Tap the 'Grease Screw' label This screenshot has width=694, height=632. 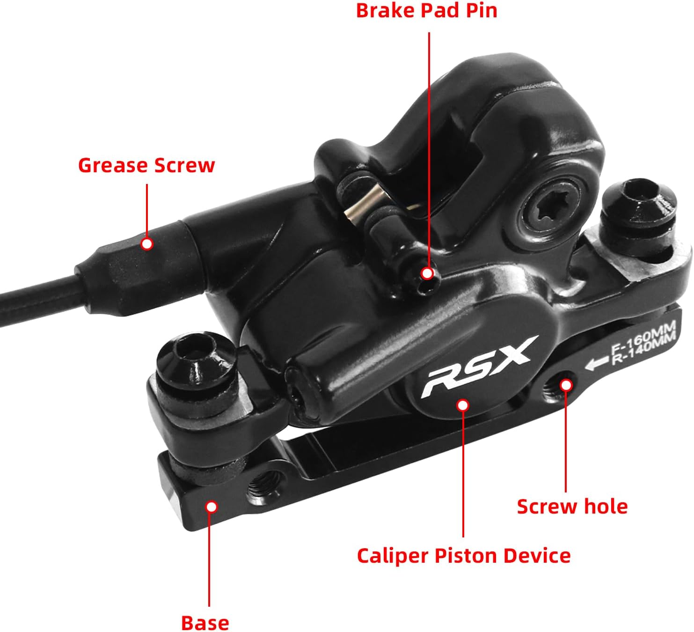click(x=146, y=166)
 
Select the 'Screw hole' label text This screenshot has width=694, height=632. click(x=572, y=507)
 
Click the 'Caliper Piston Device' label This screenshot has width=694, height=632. click(x=463, y=556)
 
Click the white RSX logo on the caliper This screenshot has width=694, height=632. click(x=476, y=367)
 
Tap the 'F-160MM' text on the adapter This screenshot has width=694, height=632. click(x=643, y=343)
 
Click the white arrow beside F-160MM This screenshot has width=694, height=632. click(x=597, y=363)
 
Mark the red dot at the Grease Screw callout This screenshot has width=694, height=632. click(x=147, y=244)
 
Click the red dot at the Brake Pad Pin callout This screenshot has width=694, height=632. click(x=427, y=273)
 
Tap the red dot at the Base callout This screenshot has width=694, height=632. click(x=212, y=507)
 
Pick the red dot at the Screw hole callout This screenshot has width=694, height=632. click(x=566, y=385)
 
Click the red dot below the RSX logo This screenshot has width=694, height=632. click(x=463, y=405)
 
